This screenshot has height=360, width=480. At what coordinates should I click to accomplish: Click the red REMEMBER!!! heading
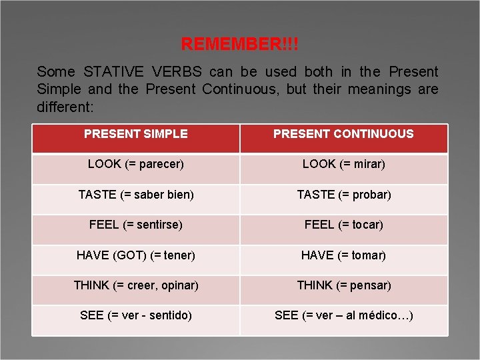click(x=240, y=45)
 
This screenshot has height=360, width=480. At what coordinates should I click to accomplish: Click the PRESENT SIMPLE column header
click(x=136, y=134)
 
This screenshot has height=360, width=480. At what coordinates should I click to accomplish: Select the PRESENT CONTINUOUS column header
click(x=343, y=134)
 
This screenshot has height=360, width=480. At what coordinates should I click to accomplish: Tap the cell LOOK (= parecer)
click(x=136, y=164)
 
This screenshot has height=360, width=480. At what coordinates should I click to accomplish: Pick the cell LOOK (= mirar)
click(x=343, y=164)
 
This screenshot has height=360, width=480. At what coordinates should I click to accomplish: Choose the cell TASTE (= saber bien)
click(x=136, y=195)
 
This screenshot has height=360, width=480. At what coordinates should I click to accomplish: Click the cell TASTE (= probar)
click(x=343, y=195)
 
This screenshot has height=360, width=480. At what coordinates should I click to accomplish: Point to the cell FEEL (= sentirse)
click(x=136, y=225)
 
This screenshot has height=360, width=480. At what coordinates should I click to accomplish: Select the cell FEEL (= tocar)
click(x=343, y=225)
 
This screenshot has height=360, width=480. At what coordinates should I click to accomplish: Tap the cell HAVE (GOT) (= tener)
click(x=136, y=255)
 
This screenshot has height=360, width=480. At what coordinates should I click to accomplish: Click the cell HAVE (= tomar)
click(x=343, y=255)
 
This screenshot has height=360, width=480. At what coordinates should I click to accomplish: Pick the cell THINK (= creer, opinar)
click(x=136, y=285)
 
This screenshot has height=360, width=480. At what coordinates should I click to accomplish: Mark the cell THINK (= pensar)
click(x=343, y=285)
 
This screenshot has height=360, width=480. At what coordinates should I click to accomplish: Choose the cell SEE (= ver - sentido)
click(x=136, y=315)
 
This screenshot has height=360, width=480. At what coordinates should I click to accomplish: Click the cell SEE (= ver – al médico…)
click(x=343, y=315)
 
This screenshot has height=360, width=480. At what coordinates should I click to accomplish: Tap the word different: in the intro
click(x=65, y=107)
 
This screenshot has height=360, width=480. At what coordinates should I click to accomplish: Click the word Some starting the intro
click(x=55, y=72)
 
